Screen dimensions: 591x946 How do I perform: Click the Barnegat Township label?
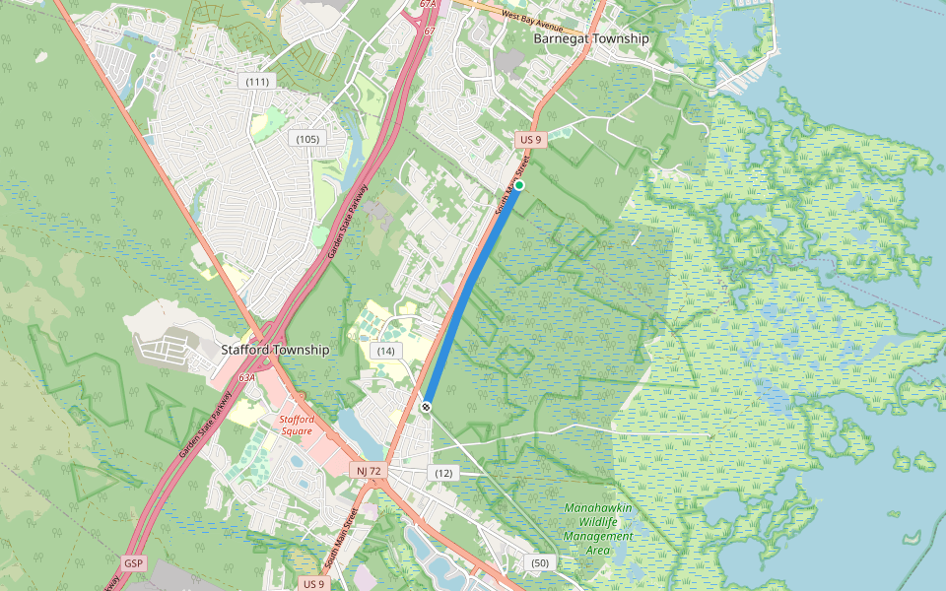coord(591,38)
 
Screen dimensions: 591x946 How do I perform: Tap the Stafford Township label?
coord(275,350)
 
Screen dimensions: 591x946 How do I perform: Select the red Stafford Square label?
coord(297,426)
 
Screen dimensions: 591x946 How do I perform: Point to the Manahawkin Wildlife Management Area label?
coord(598,529)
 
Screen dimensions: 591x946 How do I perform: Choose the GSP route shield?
coord(134,563)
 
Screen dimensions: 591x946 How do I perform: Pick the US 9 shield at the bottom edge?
coord(313,583)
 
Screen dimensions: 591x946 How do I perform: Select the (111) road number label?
coord(258,82)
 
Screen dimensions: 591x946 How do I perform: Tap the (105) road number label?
coord(307,139)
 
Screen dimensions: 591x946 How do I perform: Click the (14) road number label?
coord(385,352)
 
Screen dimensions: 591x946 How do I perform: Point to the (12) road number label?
coord(443,474)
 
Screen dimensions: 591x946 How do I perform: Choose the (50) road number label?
coord(539,562)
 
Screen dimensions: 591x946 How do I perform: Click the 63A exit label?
coord(247,377)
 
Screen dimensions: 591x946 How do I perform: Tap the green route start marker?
coord(519,185)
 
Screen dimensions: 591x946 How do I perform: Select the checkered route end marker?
coord(427,406)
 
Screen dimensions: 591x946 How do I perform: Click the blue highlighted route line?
coord(473,295)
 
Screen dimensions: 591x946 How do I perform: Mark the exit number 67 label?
coord(430,31)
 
